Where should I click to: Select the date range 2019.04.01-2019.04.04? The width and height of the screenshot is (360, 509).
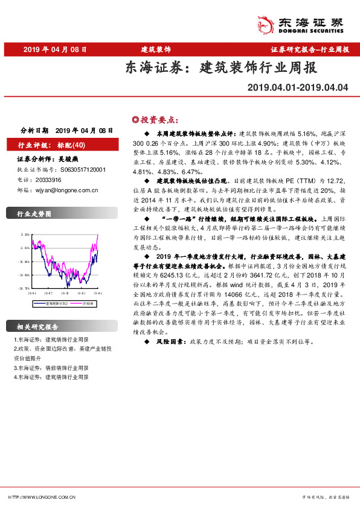point(298,87)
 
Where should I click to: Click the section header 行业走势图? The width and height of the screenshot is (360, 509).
point(34,214)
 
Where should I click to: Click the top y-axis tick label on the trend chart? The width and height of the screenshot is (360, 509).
point(25,233)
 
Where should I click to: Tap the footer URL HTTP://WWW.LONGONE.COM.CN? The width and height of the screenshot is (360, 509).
point(42,496)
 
